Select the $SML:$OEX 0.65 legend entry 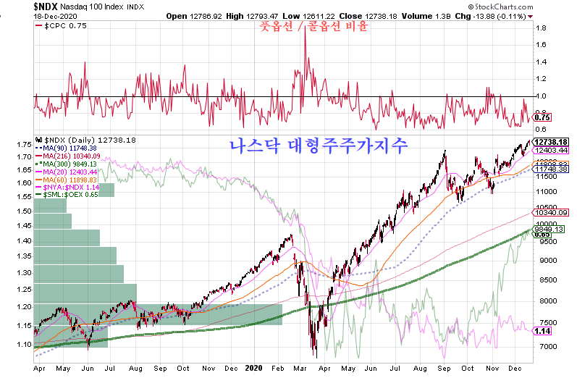pyautogui.click(x=71, y=195)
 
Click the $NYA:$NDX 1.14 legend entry pyautogui.click(x=71, y=187)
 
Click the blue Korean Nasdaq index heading pyautogui.click(x=319, y=145)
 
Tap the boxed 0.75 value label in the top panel pyautogui.click(x=542, y=117)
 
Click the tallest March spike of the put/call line pyautogui.click(x=305, y=34)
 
